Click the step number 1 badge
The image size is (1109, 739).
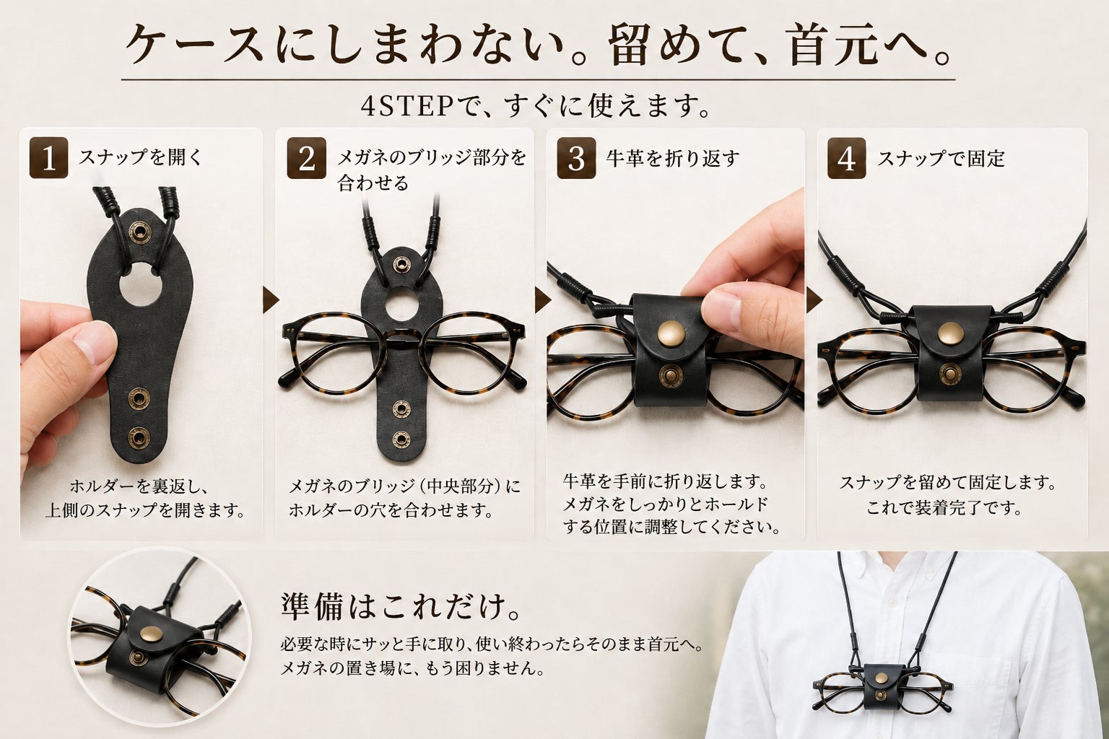48,158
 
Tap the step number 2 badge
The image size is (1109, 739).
306,158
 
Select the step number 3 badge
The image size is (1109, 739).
576,158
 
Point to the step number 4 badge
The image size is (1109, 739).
847,158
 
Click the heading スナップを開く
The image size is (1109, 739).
141,158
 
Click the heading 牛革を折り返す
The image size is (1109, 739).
673,158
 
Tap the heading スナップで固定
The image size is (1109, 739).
941,159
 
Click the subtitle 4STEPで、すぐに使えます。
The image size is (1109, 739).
536,105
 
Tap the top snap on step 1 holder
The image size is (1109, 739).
140,232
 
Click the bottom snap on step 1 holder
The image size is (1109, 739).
139,438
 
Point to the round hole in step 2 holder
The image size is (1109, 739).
401,303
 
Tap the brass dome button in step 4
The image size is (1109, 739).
951,333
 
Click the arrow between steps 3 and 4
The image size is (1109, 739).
814,300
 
